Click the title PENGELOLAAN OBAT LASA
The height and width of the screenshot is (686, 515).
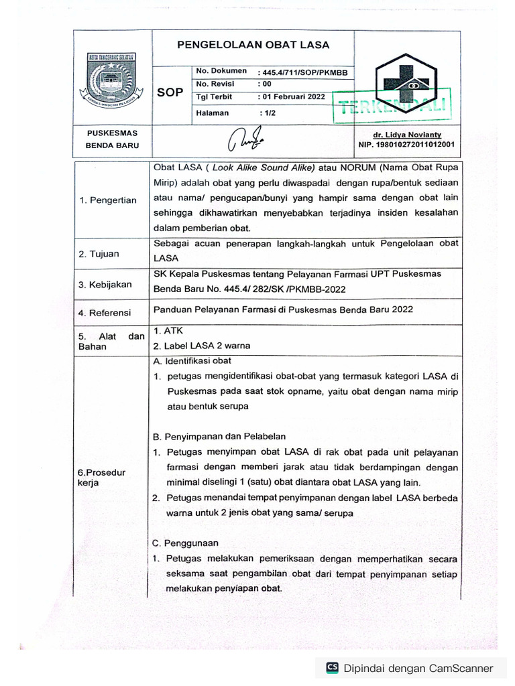click(x=253, y=45)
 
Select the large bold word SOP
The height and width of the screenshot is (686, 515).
click(x=170, y=92)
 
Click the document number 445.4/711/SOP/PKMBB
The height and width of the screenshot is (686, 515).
click(x=302, y=71)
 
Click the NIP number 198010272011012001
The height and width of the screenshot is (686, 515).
click(x=407, y=144)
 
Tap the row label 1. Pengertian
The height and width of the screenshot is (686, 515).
click(x=107, y=200)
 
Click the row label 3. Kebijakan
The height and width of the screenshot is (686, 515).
click(x=105, y=285)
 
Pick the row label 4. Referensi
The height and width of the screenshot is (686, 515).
click(x=105, y=312)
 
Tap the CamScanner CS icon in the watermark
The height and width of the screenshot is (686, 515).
click(x=332, y=667)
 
